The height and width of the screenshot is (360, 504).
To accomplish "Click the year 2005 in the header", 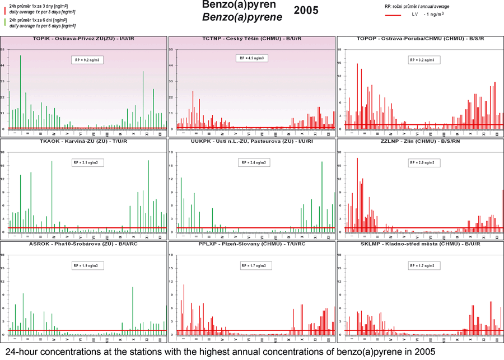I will coord(306,10).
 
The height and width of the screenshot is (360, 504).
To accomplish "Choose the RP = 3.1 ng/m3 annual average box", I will coord(87,162).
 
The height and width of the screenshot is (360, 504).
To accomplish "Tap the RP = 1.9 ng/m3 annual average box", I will coord(87,265).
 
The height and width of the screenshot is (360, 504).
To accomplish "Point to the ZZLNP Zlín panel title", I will coord(419,142).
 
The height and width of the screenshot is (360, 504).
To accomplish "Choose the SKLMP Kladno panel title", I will coord(419,245).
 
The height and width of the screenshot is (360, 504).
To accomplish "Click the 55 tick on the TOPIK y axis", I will coord(3,50).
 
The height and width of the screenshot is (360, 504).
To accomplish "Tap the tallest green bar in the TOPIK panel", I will coord(21,90).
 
